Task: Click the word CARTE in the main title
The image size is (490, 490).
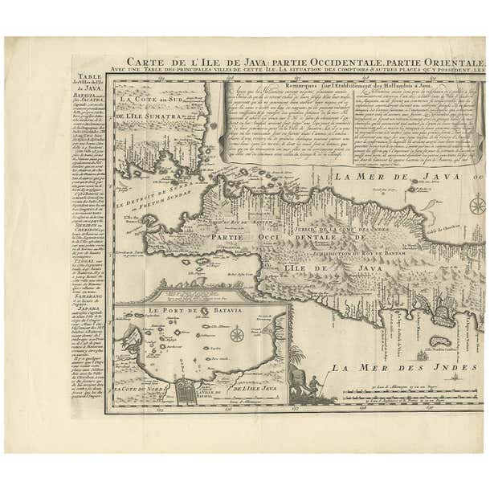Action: tap(145, 65)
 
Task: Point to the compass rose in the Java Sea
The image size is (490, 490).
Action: tap(477, 203)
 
